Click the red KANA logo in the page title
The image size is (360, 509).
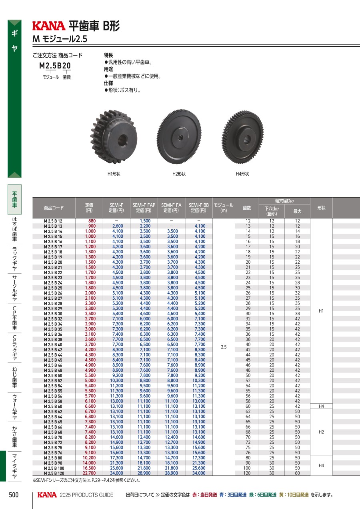pyautogui.click(x=49, y=26)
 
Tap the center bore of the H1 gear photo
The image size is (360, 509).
pyautogui.click(x=123, y=138)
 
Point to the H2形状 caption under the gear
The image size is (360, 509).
pyautogui.click(x=179, y=174)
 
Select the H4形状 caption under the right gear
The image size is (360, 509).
pyautogui.click(x=242, y=174)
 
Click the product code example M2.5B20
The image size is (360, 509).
pyautogui.click(x=55, y=66)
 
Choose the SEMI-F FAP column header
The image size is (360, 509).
pyautogui.click(x=144, y=208)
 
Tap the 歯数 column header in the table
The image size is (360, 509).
pyautogui.click(x=247, y=208)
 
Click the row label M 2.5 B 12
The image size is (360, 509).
pyautogui.click(x=53, y=221)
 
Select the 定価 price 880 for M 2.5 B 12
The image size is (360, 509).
pyautogui.click(x=92, y=221)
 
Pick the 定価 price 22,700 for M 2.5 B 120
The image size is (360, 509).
pyautogui.click(x=89, y=473)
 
